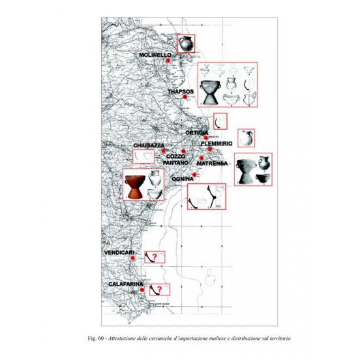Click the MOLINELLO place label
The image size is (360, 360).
pyautogui.click(x=155, y=55)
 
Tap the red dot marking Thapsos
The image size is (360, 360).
pyautogui.click(x=185, y=97)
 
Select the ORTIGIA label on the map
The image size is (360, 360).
pyautogui.click(x=197, y=132)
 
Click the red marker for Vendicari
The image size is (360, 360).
pyautogui.click(x=132, y=258)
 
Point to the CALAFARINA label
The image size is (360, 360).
pyautogui.click(x=126, y=284)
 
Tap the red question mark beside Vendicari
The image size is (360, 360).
pyautogui.click(x=155, y=257)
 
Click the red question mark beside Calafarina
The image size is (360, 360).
pyautogui.click(x=159, y=290)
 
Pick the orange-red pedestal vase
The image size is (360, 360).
pyautogui.click(x=135, y=187)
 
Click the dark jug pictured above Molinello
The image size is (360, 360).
pyautogui.click(x=186, y=44)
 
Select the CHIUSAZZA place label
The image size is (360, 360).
pyautogui.click(x=149, y=145)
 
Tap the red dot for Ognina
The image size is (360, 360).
pyautogui.click(x=194, y=175)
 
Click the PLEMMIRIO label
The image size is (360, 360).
pyautogui.click(x=217, y=143)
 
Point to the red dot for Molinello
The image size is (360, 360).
pyautogui.click(x=168, y=61)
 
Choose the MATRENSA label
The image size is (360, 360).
pyautogui.click(x=212, y=164)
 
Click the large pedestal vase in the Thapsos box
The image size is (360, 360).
pyautogui.click(x=210, y=93)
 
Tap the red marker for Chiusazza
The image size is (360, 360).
pyautogui.click(x=163, y=151)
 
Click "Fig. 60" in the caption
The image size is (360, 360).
pyautogui.click(x=97, y=338)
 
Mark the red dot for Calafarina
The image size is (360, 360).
pyautogui.click(x=142, y=290)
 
